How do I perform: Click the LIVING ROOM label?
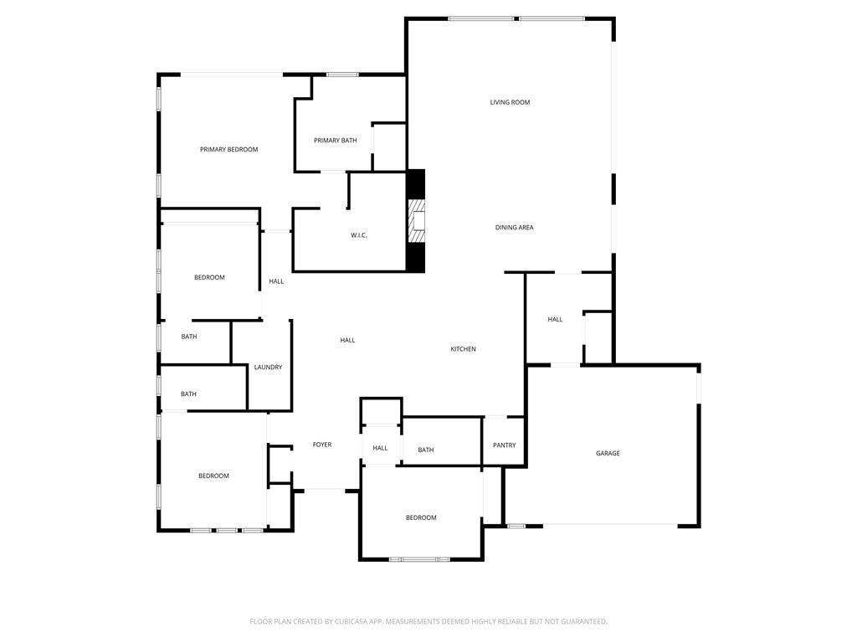coord(510,102)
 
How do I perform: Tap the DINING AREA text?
coord(514,228)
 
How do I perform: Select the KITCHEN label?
coord(463,349)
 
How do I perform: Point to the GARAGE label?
coord(608,454)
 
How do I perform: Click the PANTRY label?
coord(504,445)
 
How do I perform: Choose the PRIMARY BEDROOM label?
coord(228,150)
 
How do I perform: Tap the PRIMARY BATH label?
coord(335,141)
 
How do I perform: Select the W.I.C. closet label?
coord(358,235)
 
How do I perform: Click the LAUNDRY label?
coord(268,368)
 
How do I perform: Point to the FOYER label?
coord(322,445)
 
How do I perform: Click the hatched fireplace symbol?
coord(416,220)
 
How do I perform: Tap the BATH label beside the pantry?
coord(425,450)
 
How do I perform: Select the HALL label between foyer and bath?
coord(380,448)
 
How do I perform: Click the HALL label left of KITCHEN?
coord(347,340)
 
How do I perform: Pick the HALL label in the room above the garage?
coord(555,319)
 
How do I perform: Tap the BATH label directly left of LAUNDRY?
coord(189,337)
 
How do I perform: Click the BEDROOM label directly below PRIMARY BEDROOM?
coord(209,277)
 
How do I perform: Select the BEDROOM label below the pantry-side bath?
coord(421,517)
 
